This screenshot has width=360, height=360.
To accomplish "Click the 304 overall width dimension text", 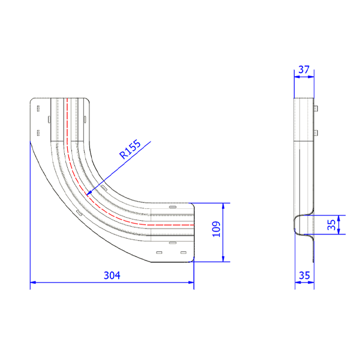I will (112, 275).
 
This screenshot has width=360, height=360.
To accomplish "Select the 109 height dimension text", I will (217, 229).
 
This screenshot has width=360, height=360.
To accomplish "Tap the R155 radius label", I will (130, 149).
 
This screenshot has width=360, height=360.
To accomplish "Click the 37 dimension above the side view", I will (304, 70).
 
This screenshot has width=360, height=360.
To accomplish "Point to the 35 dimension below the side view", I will (304, 275).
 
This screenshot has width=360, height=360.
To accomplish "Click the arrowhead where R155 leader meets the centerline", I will (89, 193).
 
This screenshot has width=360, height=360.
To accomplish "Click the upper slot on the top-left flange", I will (38, 109).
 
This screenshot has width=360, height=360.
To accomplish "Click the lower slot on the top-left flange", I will (38, 132).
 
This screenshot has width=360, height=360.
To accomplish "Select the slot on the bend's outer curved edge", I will (78, 212).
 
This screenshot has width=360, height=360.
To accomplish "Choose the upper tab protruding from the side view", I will (316, 109).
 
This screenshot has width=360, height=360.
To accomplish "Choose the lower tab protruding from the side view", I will (316, 132).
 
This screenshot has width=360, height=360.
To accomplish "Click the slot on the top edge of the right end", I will (173, 207).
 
